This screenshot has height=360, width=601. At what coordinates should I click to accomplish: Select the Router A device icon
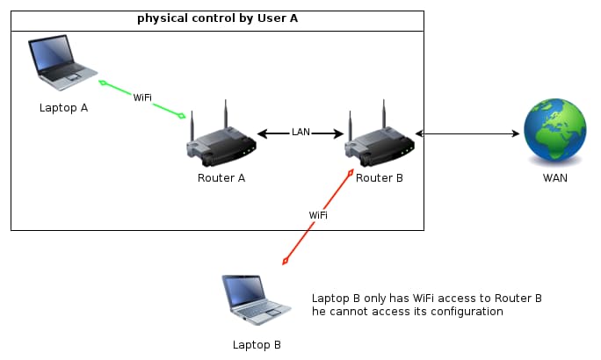click(x=221, y=140)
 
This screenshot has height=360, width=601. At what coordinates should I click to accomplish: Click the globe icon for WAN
click(x=554, y=132)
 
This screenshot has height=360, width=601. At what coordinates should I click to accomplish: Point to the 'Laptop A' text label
click(x=63, y=108)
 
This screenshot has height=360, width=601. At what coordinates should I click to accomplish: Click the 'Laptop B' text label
click(x=257, y=345)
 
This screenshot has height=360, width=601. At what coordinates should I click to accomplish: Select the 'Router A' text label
click(x=221, y=178)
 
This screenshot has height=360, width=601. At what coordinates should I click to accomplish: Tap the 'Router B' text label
click(x=380, y=178)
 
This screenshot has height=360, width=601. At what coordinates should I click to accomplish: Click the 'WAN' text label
click(x=554, y=178)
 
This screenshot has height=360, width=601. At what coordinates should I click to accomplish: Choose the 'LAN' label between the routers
click(x=300, y=133)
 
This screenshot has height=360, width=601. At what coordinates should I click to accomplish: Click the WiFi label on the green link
click(x=142, y=97)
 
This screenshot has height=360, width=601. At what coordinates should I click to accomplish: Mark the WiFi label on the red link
click(x=319, y=215)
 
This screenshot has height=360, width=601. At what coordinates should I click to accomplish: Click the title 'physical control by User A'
click(x=216, y=18)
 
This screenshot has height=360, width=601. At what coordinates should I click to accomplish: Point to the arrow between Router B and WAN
click(x=467, y=133)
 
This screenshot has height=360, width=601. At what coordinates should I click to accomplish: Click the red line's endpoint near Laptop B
click(x=285, y=262)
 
